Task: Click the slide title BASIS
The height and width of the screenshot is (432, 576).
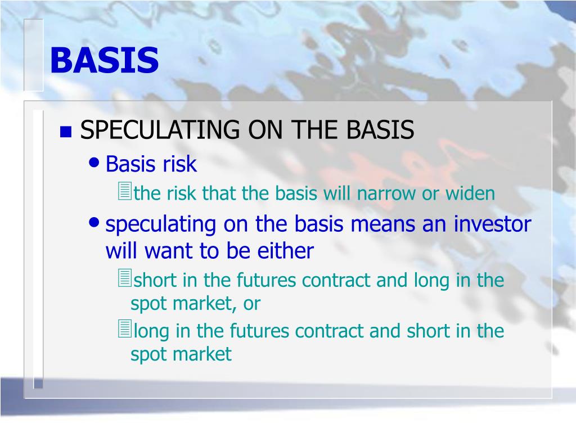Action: pyautogui.click(x=104, y=60)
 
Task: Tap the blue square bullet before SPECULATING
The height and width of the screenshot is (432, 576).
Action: pyautogui.click(x=66, y=132)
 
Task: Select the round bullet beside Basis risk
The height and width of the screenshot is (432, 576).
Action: pyautogui.click(x=94, y=162)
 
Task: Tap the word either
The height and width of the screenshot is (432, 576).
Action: pyautogui.click(x=285, y=251)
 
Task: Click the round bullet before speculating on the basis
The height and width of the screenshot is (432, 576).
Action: pyautogui.click(x=94, y=222)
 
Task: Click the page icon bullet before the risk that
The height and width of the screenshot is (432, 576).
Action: pyautogui.click(x=124, y=191)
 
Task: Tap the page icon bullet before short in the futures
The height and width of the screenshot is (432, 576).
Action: pyautogui.click(x=124, y=278)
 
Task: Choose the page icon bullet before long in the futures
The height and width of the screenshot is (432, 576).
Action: pyautogui.click(x=124, y=328)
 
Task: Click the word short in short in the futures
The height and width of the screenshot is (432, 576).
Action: pyautogui.click(x=155, y=280)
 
